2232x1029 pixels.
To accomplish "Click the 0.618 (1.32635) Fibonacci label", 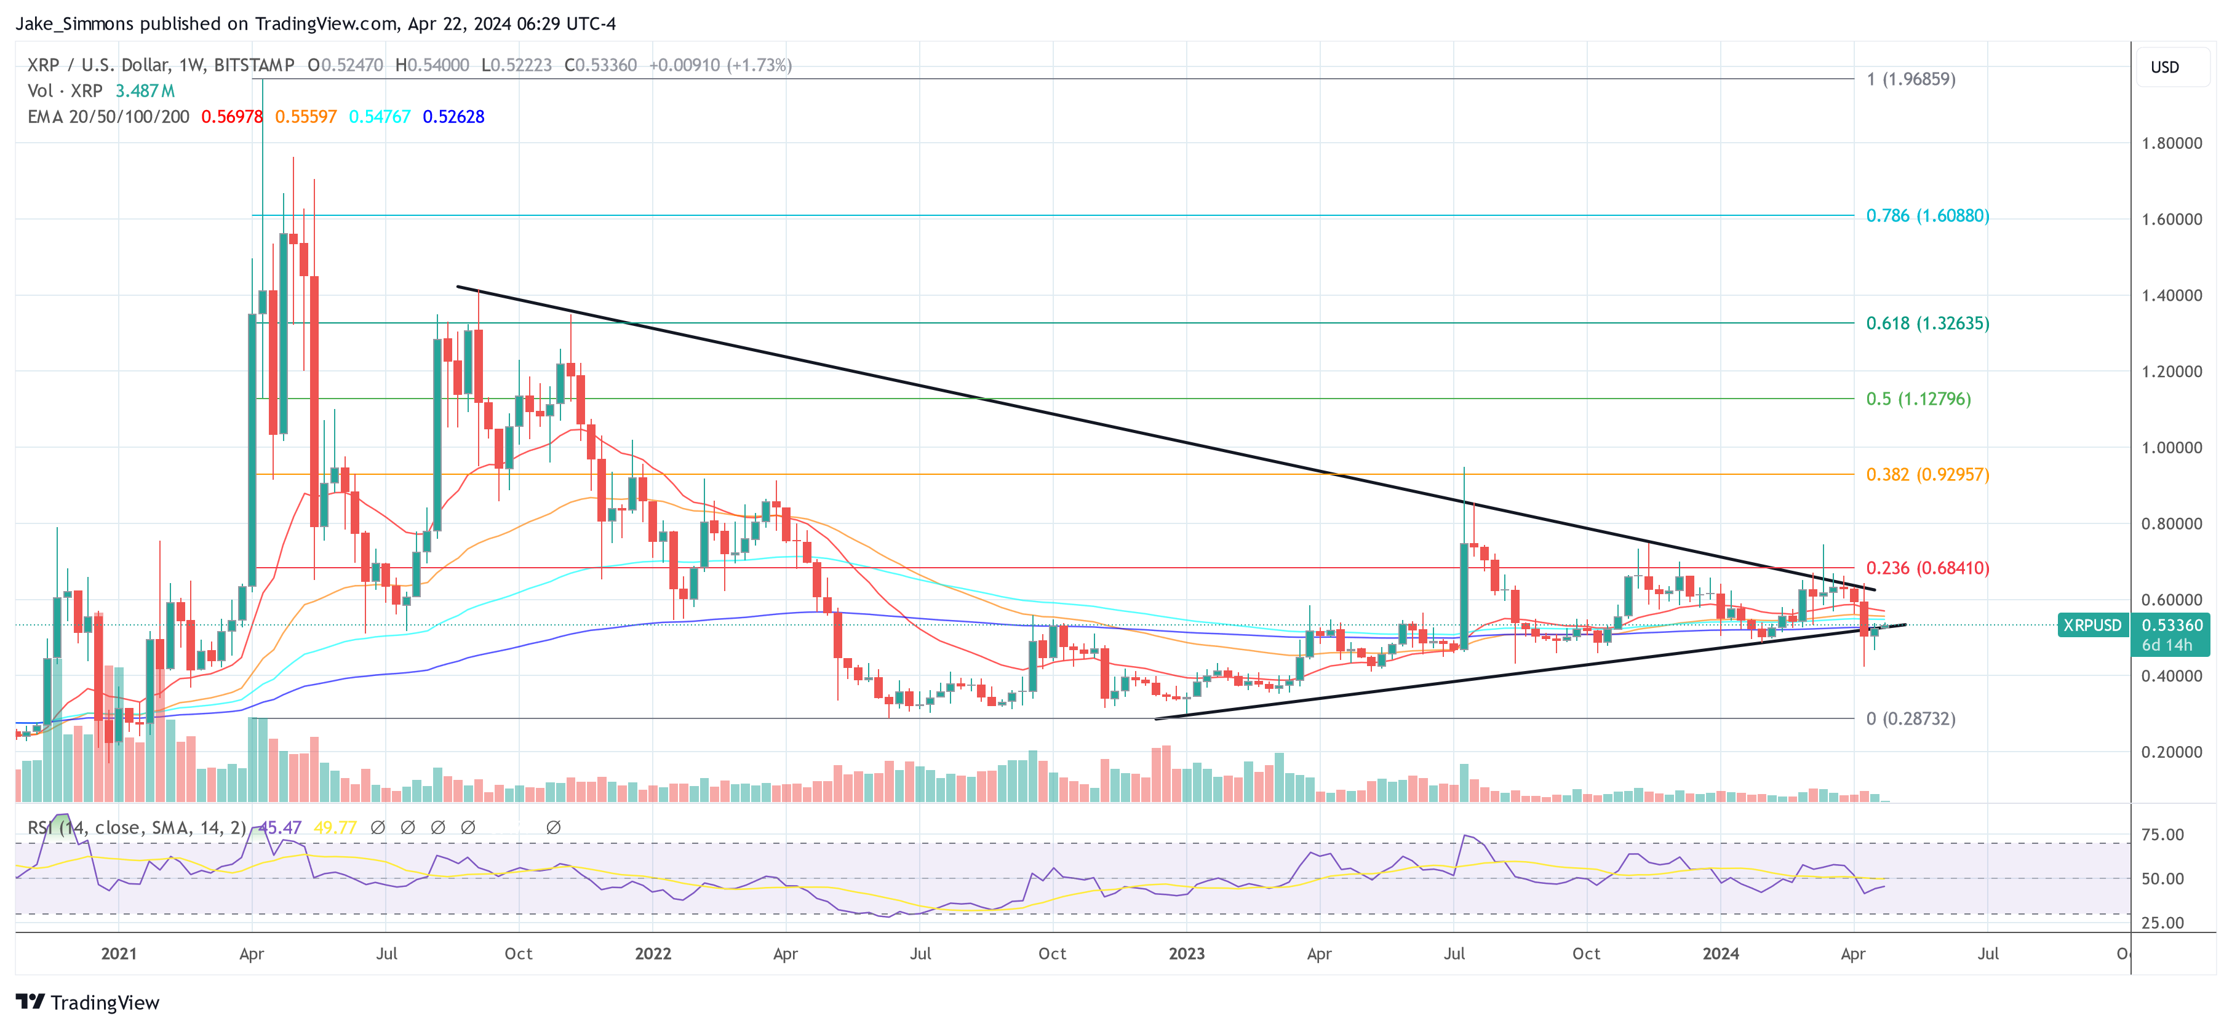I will click(1927, 323).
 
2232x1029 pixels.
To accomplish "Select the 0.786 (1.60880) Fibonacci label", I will click(1927, 216).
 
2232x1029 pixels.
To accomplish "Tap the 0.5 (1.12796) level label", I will click(1918, 399).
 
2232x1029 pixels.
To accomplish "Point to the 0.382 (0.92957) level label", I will click(1927, 475).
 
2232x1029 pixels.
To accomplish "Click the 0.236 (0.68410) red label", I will click(1927, 568).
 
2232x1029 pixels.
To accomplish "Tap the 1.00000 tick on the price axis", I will click(2170, 448).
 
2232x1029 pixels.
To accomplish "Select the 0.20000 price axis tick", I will click(2170, 752).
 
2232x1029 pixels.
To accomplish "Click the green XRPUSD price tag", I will click(2092, 626).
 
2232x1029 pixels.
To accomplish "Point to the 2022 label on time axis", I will click(653, 953).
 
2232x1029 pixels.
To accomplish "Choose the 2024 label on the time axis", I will click(1720, 953).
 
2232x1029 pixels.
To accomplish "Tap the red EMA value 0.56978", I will click(231, 117).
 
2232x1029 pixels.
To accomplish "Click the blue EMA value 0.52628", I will click(453, 117).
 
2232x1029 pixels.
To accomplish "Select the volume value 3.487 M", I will click(145, 91).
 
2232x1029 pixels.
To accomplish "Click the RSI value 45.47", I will click(280, 828).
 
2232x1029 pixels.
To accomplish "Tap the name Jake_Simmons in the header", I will click(74, 23).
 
